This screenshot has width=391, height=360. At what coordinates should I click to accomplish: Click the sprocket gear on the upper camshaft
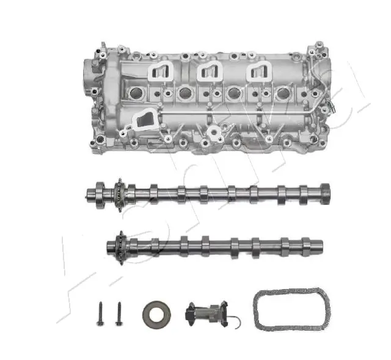point(117,194)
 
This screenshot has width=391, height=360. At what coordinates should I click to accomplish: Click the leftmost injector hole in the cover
point(135,94)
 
